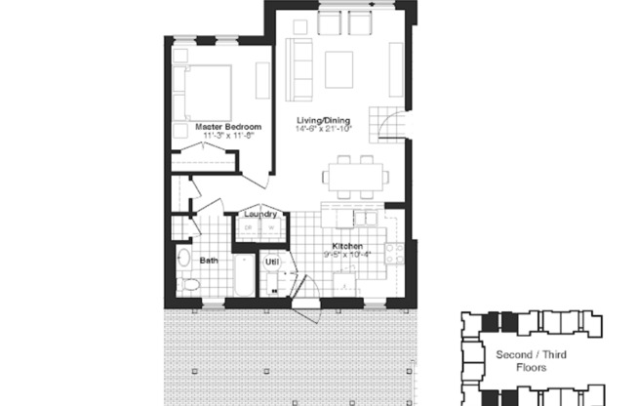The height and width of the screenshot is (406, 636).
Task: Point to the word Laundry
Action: (x=261, y=214)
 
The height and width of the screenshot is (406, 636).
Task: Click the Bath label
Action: (x=209, y=261)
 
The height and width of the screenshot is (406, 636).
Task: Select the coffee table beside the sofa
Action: (x=339, y=67)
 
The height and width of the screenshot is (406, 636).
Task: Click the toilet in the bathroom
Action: (x=189, y=284)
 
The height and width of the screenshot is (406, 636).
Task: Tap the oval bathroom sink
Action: (x=183, y=260)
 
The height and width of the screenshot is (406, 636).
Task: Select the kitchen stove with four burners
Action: (x=394, y=255)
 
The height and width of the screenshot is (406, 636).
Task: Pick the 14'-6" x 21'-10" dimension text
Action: (x=325, y=128)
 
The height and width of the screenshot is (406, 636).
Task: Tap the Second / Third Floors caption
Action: (x=531, y=361)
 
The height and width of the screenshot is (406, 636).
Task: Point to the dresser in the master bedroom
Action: (x=261, y=80)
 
